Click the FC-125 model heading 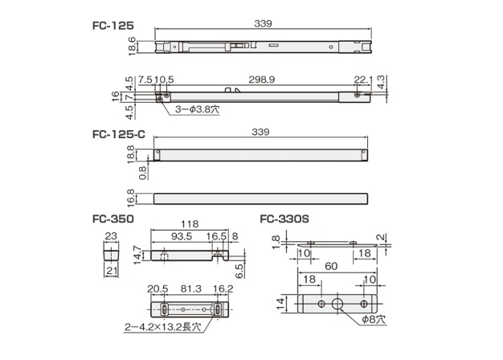(113, 26)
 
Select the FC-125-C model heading (119, 134)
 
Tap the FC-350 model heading (113, 219)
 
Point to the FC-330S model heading (284, 219)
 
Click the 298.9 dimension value (262, 80)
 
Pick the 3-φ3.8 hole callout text (197, 109)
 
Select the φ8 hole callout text (373, 320)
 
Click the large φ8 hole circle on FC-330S (337, 304)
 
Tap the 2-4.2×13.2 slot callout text (163, 327)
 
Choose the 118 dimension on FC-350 (190, 224)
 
